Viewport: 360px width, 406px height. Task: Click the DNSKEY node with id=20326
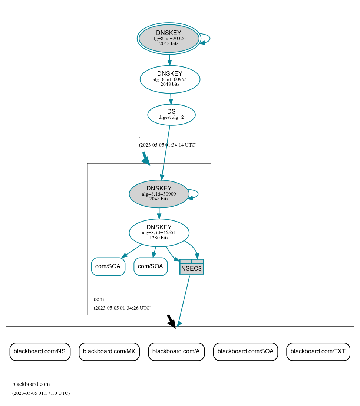[169, 38]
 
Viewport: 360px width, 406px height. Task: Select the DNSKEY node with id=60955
[170, 79]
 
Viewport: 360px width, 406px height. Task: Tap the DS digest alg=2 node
[171, 114]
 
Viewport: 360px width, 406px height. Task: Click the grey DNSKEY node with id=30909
[159, 194]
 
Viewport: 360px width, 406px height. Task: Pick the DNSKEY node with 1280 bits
[159, 233]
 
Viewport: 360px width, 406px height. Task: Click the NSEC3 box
[192, 267]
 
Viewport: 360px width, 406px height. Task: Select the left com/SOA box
[108, 266]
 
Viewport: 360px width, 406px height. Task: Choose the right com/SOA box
[151, 266]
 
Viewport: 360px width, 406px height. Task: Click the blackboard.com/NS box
[40, 351]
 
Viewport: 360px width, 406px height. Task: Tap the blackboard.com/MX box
[109, 351]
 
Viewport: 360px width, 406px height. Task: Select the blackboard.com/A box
[176, 351]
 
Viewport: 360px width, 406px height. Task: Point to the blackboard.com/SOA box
[245, 351]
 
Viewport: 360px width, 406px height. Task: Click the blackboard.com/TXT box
[318, 351]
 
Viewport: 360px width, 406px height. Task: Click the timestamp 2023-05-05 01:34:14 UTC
[168, 145]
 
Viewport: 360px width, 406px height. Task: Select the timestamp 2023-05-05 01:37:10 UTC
[41, 393]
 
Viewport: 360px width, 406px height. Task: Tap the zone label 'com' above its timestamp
[99, 299]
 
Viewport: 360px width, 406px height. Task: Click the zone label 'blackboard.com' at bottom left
[31, 384]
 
